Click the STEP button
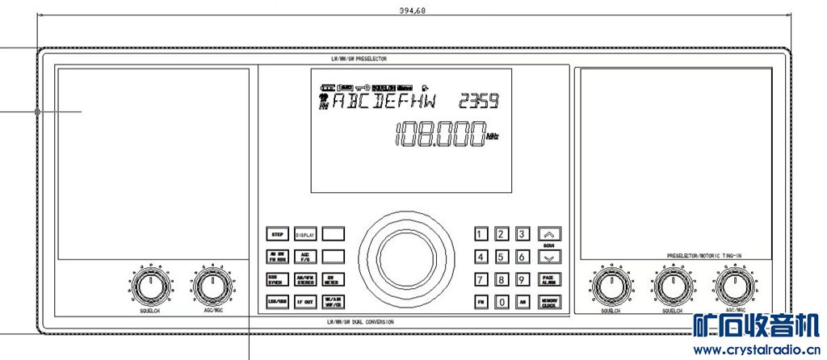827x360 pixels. [x=277, y=235]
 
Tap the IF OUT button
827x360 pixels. [x=304, y=302]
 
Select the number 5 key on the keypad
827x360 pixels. [x=501, y=257]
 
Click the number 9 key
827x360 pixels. [x=523, y=280]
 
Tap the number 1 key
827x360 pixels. [x=481, y=235]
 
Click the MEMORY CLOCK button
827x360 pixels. [x=548, y=303]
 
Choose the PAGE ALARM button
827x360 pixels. [x=548, y=280]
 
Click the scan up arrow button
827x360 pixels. [x=548, y=234]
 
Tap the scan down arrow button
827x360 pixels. [x=548, y=257]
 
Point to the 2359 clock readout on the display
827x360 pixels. [x=479, y=102]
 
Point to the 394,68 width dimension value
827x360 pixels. [x=413, y=10]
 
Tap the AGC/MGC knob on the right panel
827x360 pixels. [x=732, y=286]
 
